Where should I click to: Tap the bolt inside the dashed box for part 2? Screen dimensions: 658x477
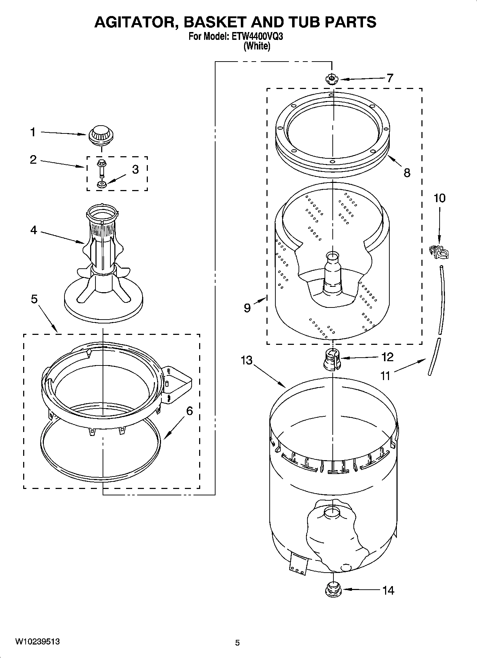tap(101, 169)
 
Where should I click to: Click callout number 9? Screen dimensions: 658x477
tap(247, 307)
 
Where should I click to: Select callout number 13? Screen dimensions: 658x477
tap(246, 360)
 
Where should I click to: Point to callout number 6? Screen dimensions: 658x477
tap(190, 411)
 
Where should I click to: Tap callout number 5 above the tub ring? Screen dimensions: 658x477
tap(34, 299)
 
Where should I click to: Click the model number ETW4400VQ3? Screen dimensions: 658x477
tap(261, 37)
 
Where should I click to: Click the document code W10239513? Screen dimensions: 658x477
tap(37, 641)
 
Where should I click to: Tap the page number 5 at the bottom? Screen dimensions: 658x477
tap(237, 642)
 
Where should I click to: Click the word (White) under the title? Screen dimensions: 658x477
tap(256, 46)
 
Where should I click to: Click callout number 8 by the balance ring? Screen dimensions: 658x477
tap(407, 173)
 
